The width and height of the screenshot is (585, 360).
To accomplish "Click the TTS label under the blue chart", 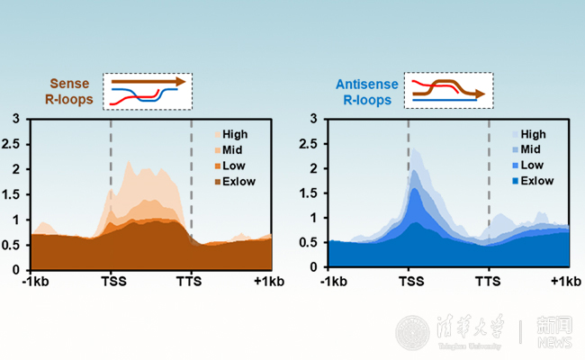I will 488,282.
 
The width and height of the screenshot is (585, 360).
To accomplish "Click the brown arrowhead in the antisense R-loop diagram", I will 481,93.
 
